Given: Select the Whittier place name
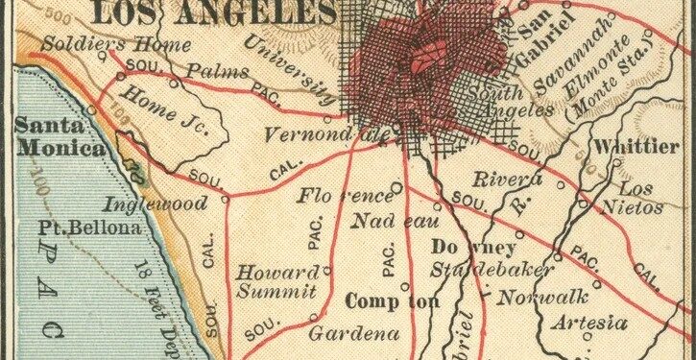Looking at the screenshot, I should pyautogui.click(x=636, y=146).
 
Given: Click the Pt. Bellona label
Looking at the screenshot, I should pyautogui.click(x=89, y=228).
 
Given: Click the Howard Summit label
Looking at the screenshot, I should pyautogui.click(x=276, y=280).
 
